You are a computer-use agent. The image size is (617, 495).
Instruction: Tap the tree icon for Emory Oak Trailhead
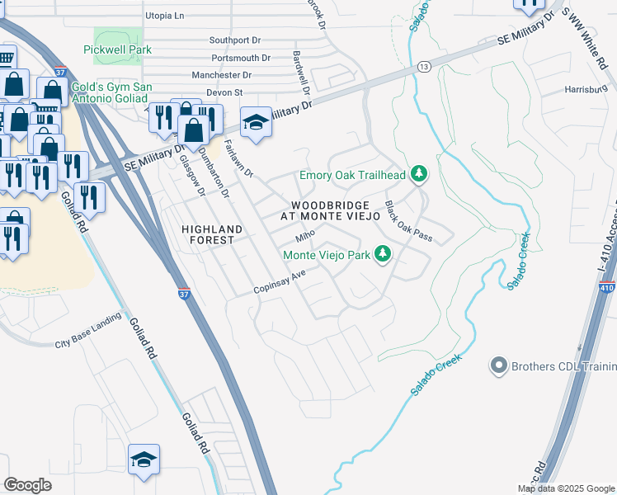click(420, 174)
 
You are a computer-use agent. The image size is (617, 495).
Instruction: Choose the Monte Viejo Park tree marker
click(382, 254)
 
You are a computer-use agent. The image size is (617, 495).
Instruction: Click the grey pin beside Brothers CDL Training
click(497, 365)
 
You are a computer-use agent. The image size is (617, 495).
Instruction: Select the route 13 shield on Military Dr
click(423, 65)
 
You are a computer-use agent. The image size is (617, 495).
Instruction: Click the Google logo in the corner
click(27, 485)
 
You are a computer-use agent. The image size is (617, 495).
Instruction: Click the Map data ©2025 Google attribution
click(566, 488)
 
